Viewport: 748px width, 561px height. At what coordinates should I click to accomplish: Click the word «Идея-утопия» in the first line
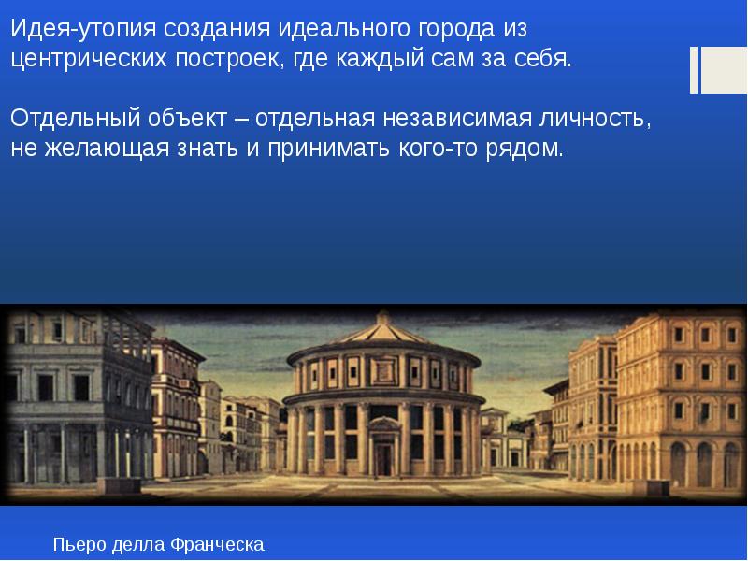[83, 30]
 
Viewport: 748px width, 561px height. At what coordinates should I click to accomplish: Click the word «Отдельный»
[75, 119]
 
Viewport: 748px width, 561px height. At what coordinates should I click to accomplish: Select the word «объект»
[187, 119]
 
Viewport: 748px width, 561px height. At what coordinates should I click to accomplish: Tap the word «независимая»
[457, 119]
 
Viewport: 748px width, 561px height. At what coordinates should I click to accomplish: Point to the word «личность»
[595, 119]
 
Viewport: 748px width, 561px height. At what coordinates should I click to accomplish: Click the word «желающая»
[107, 149]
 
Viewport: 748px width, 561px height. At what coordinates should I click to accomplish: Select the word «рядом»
[525, 149]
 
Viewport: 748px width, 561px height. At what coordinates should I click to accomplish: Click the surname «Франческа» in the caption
[217, 544]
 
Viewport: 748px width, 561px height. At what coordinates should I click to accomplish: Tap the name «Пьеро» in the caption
[79, 544]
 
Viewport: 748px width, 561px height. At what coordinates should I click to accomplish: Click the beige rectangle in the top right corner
[724, 70]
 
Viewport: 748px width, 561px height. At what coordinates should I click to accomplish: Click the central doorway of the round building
[383, 458]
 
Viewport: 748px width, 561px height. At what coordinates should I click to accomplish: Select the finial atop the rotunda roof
[382, 316]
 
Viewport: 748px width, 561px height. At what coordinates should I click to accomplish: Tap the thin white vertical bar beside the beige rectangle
[694, 70]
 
